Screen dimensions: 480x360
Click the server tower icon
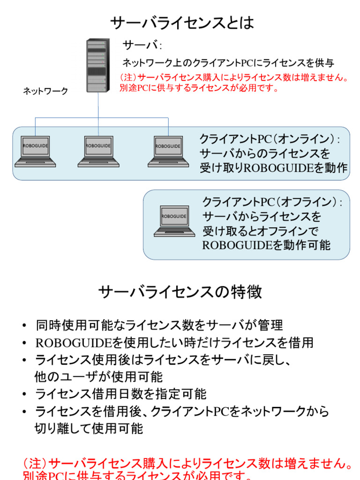(x=98, y=66)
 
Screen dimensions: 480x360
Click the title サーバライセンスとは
(x=182, y=22)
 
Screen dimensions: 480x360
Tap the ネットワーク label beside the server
(x=45, y=91)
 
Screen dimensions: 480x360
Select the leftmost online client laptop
(x=35, y=151)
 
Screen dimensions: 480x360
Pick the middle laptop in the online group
(x=98, y=151)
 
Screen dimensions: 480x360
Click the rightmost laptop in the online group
(x=168, y=151)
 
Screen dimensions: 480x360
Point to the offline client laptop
(x=174, y=221)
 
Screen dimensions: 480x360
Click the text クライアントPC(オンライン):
(x=270, y=139)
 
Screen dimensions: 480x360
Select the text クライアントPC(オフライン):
(x=272, y=202)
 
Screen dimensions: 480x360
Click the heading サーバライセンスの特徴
(x=180, y=292)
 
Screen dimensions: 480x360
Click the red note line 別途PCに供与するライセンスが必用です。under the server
(x=199, y=88)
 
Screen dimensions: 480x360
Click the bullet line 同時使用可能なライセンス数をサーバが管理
(x=159, y=325)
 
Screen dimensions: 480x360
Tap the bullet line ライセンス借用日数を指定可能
(x=120, y=394)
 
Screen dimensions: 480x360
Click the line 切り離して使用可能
(x=89, y=428)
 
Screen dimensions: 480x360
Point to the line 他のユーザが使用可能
(x=98, y=377)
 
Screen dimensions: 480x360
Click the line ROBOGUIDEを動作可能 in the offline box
(x=266, y=245)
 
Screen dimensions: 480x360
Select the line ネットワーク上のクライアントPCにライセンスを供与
(x=228, y=63)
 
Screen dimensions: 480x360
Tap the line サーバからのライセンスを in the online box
(x=265, y=154)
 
